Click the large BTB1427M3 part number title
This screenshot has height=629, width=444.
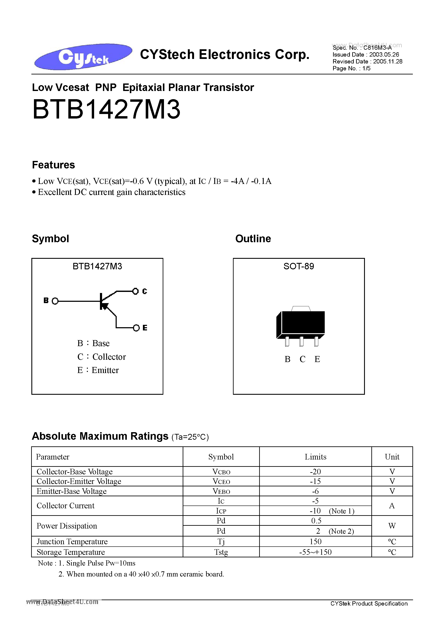[106, 109]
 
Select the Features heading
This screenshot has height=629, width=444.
[53, 165]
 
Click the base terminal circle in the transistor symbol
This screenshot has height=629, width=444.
[55, 301]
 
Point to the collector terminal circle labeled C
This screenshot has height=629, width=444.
[135, 291]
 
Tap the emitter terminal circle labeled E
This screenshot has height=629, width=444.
[136, 328]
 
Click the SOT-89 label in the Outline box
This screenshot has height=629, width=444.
[299, 266]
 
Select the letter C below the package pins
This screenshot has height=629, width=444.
[302, 359]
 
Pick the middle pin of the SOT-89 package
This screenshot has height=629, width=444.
[301, 342]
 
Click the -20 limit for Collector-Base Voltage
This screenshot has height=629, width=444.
[315, 472]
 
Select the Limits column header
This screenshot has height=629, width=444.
[315, 457]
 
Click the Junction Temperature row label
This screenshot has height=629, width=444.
[72, 542]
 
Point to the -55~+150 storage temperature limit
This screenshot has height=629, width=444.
[315, 552]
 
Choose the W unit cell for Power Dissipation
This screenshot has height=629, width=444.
[392, 526]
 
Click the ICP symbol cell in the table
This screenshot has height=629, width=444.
[221, 511]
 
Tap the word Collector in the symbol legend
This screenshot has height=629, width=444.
[109, 357]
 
